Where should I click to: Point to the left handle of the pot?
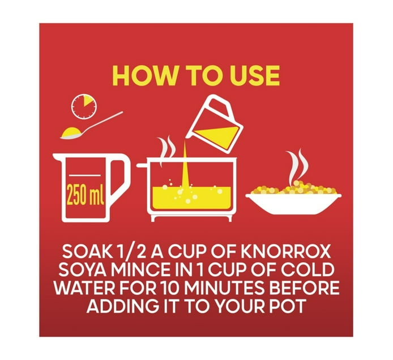click(142, 166)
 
